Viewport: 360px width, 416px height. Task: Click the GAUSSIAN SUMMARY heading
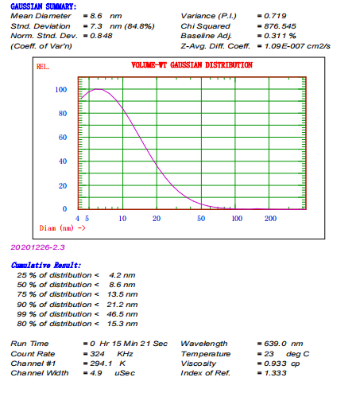(x=43, y=6)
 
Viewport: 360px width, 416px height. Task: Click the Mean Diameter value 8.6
(x=96, y=16)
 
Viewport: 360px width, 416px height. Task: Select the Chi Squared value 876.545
(x=280, y=26)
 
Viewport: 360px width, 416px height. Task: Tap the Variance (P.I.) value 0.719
(x=275, y=16)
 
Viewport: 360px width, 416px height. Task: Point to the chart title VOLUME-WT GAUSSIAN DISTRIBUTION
(x=192, y=65)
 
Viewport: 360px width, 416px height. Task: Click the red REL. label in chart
(x=43, y=67)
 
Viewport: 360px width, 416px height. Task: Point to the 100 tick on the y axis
(x=61, y=90)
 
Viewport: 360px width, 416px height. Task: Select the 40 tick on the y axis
(x=63, y=161)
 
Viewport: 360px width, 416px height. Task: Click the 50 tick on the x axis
(x=201, y=219)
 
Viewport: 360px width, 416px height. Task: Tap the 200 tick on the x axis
(x=270, y=219)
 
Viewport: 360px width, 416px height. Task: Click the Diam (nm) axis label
(x=56, y=228)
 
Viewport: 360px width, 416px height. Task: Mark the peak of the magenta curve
(x=98, y=89)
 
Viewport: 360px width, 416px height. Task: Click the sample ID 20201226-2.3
(x=37, y=247)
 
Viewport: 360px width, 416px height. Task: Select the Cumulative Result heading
(x=46, y=265)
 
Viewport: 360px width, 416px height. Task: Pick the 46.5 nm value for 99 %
(x=122, y=314)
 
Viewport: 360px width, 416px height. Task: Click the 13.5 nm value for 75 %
(x=122, y=294)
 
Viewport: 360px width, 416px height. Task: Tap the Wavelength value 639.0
(x=275, y=344)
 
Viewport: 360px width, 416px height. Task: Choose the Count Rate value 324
(x=97, y=354)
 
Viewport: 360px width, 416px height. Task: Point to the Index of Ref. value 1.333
(x=275, y=373)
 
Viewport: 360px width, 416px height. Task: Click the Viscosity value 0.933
(x=275, y=364)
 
